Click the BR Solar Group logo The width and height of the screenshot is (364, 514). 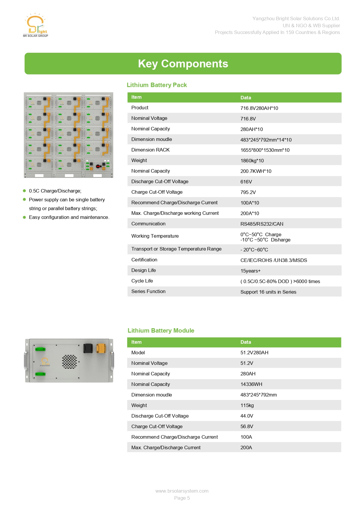(35, 25)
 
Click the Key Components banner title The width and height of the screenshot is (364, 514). (183, 64)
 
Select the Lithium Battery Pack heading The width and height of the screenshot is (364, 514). (157, 85)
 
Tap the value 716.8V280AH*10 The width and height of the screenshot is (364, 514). (259, 108)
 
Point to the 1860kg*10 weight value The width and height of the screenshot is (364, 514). (252, 161)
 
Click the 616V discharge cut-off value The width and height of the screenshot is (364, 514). (246, 182)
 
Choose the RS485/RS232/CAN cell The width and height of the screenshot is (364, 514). (262, 224)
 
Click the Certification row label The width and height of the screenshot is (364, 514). (144, 260)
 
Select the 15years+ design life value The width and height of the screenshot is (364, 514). (250, 271)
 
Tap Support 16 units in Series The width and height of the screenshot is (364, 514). (268, 292)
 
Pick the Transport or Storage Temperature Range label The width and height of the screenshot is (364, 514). (176, 249)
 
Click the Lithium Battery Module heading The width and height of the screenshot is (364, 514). (161, 331)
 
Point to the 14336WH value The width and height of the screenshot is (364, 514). (251, 384)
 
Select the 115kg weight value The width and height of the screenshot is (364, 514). (247, 405)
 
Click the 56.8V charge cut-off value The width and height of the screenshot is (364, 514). (247, 426)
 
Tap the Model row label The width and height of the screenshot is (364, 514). (138, 353)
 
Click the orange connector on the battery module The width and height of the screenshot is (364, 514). (101, 348)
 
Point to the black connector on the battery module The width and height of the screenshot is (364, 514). (88, 348)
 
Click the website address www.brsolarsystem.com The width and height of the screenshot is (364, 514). (182, 491)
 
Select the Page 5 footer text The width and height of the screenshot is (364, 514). (182, 498)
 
